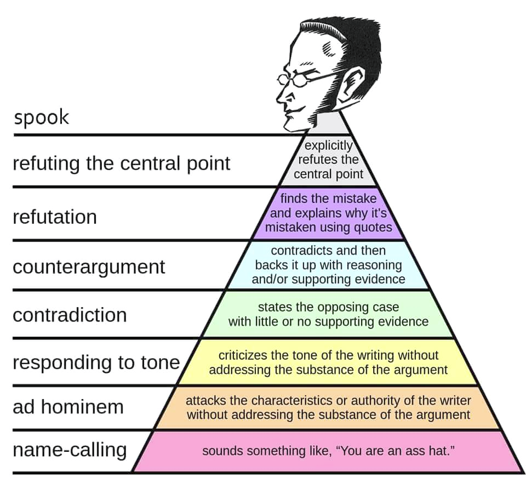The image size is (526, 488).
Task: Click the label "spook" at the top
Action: point(42,117)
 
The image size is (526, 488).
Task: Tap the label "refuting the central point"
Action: point(121,163)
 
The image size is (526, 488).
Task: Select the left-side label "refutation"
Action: point(55,217)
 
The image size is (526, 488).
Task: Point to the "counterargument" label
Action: point(89,267)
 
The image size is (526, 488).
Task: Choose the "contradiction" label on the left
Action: point(70,315)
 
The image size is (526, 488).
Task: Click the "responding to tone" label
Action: point(96,362)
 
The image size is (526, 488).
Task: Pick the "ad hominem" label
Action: point(68,407)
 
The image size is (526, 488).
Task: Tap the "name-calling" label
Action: point(70,450)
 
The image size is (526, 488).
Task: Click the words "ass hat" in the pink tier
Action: point(427,451)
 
